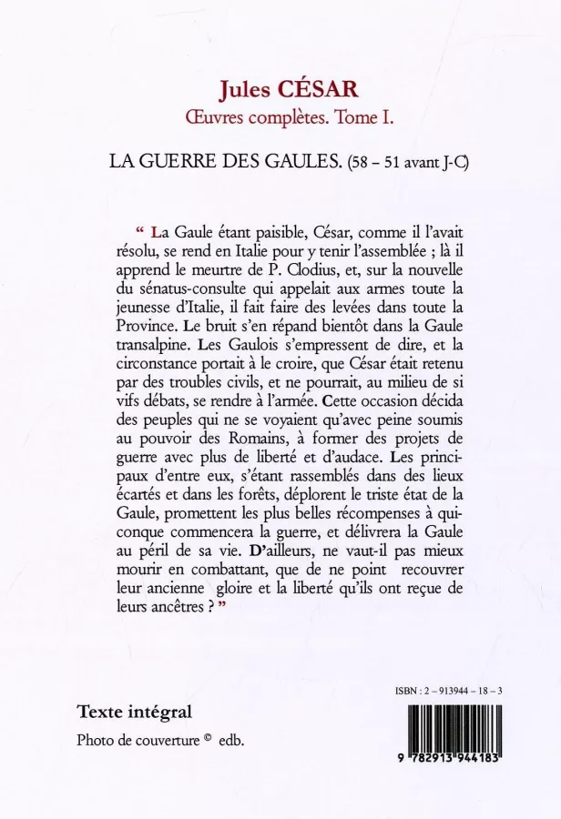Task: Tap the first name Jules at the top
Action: click(x=243, y=88)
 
